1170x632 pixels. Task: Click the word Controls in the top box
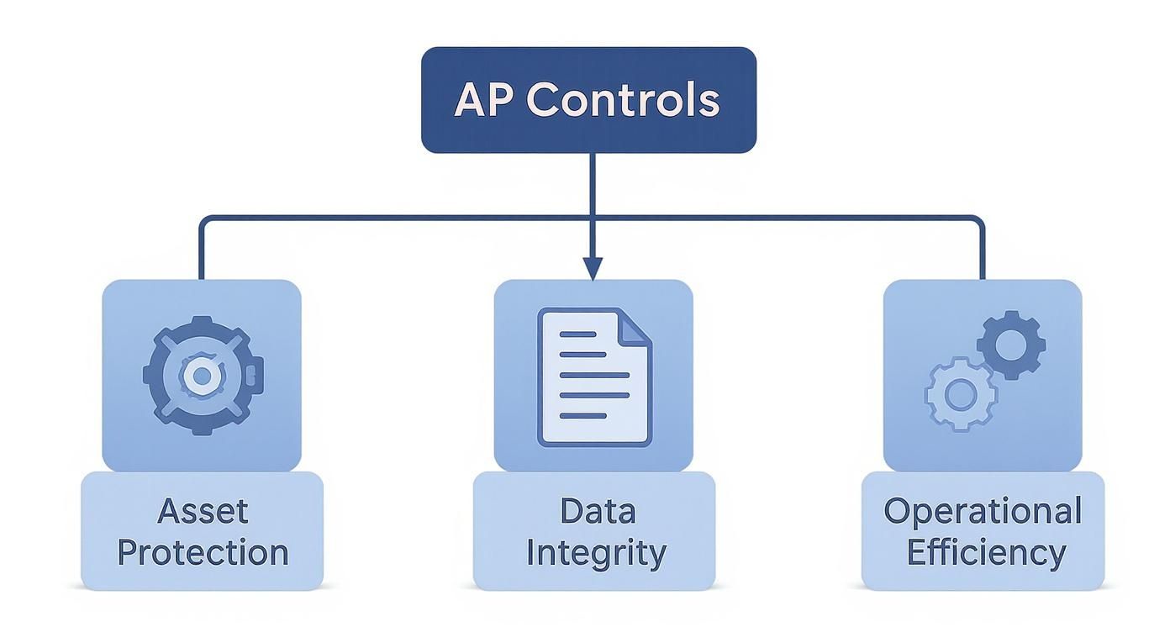pyautogui.click(x=623, y=100)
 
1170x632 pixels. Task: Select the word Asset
pyautogui.click(x=203, y=511)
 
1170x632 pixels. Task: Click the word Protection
pyautogui.click(x=203, y=552)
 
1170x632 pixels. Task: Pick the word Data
pyautogui.click(x=598, y=511)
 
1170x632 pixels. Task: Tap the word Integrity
pyautogui.click(x=596, y=554)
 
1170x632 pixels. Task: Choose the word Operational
pyautogui.click(x=983, y=511)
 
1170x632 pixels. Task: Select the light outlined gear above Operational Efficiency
pyautogui.click(x=960, y=393)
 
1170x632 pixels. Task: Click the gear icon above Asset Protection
pyautogui.click(x=203, y=375)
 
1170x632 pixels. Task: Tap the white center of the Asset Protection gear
pyautogui.click(x=202, y=376)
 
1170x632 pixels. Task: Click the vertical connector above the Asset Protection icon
pyautogui.click(x=201, y=252)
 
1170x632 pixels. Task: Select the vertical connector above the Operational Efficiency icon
pyautogui.click(x=983, y=252)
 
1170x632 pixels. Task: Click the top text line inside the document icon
pyautogui.click(x=578, y=334)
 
